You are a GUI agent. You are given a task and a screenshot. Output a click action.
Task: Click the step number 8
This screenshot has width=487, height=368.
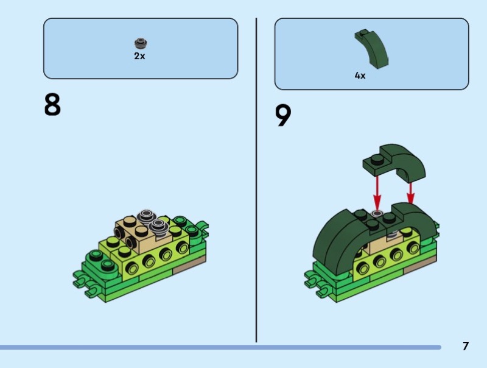coord(52,105)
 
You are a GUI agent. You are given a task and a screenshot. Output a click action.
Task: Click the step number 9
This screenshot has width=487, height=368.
coord(283,115)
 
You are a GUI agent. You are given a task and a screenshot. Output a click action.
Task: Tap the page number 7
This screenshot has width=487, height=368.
coord(465,346)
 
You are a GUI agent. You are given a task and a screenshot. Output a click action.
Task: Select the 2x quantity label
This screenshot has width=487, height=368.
coord(139,56)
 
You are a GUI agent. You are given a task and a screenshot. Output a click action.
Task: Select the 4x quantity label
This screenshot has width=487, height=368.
coord(360,76)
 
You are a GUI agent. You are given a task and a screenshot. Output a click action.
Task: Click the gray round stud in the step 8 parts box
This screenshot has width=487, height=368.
coord(141,43)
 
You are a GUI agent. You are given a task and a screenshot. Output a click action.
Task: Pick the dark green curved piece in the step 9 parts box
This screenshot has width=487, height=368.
coord(372,49)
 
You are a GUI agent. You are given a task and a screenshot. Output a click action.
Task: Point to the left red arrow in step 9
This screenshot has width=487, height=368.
coord(377,193)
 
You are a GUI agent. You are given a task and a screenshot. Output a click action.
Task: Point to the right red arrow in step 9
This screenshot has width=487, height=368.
coord(410,193)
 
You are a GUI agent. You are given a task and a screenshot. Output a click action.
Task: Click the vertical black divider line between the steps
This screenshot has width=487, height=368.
coord(256,180)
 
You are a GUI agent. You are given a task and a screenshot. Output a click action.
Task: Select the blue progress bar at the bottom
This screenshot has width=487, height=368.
coord(220,347)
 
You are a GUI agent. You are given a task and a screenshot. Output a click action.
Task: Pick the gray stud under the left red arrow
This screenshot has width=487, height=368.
coord(377,213)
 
